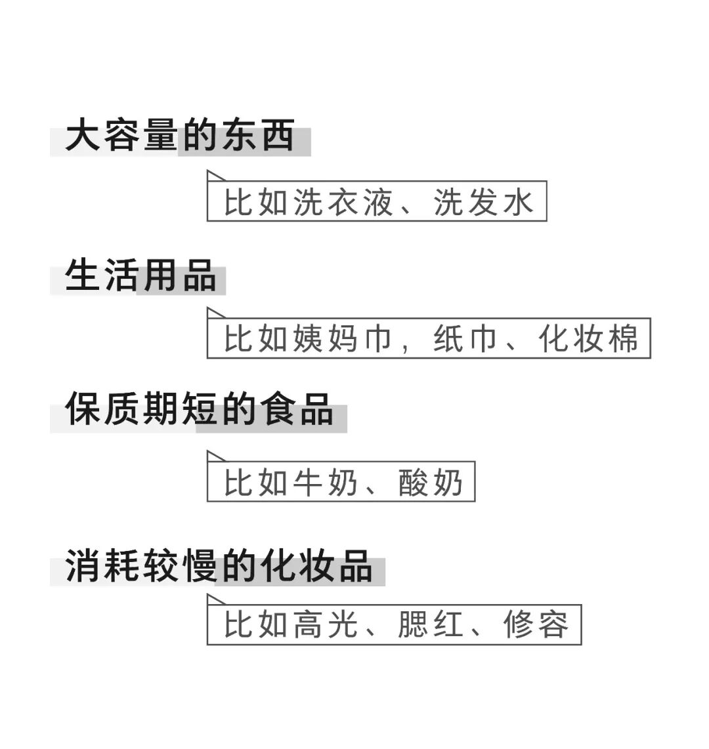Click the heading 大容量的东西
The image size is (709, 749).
coord(180,136)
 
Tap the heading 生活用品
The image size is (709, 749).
coord(140,275)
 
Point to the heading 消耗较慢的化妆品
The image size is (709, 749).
coord(219,566)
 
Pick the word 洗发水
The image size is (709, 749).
coord(483,201)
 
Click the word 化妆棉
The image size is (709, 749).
coord(588,339)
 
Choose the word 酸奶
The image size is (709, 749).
coord(431,483)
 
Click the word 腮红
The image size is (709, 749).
coord(431,625)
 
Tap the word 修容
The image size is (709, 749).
coord(536,625)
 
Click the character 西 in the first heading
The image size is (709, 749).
coord(276,136)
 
